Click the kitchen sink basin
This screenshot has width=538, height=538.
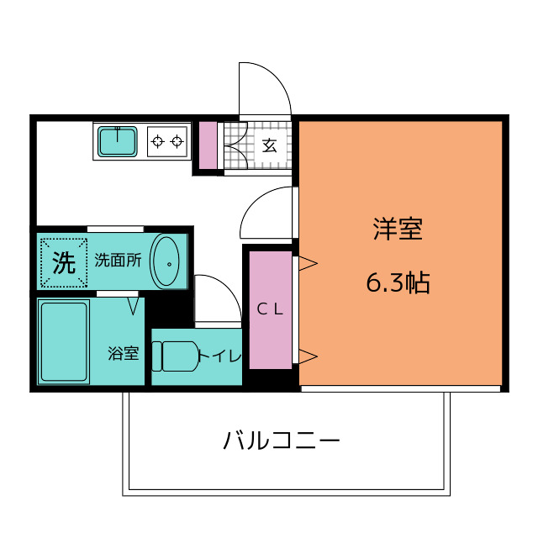pos(118,142)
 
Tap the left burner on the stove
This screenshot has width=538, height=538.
pos(157,141)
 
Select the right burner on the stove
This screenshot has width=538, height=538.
pos(177,141)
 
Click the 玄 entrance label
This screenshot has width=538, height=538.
pos(270,146)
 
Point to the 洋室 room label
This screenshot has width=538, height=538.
pos(398,229)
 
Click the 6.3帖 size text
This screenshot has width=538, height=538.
pos(398,283)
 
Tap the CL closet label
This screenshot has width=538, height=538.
pos(270,310)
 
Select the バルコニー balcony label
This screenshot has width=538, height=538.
pos(282,440)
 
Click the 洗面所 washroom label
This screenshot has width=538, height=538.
pos(118,261)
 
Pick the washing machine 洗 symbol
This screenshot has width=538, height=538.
pos(64,263)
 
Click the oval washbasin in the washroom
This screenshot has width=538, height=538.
pos(166,261)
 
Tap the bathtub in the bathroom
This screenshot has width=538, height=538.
pos(64,342)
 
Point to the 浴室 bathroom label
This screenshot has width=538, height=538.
pos(124,353)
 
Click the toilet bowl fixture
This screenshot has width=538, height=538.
pos(175,356)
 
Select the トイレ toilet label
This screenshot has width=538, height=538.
pos(220,356)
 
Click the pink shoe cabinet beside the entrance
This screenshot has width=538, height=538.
pos(208,145)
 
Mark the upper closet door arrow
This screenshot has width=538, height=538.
pos(309,263)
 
